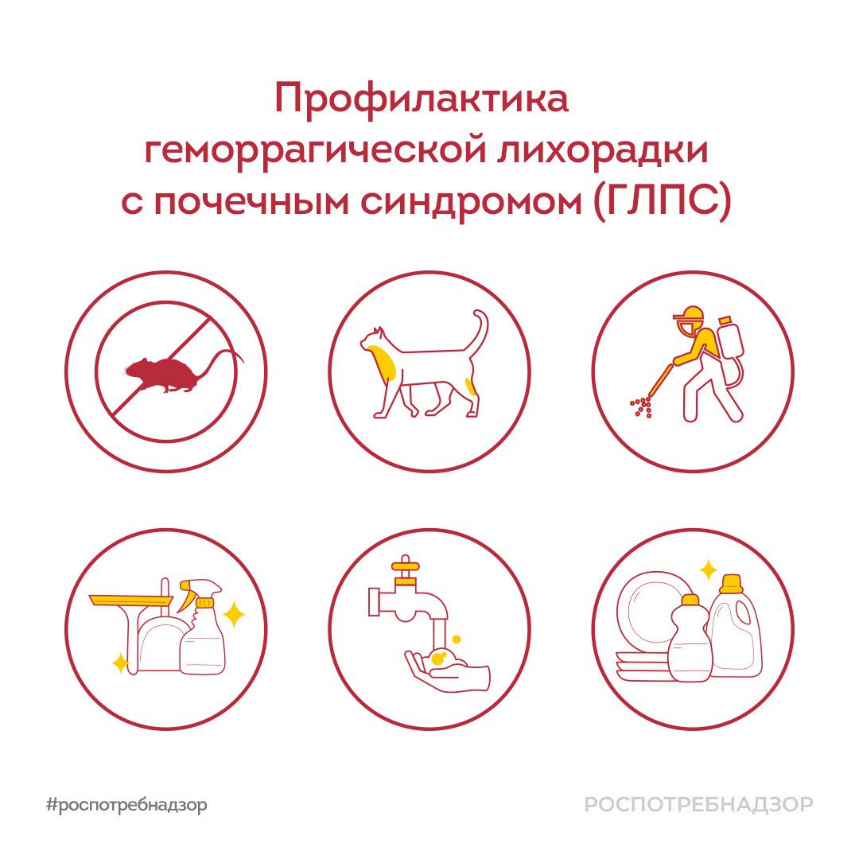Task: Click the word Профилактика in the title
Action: [422, 99]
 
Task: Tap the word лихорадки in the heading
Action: [603, 150]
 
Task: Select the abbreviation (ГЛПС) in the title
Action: [662, 202]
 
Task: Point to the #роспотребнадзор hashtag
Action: [126, 805]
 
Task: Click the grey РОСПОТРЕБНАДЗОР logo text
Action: [699, 805]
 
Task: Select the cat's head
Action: [372, 339]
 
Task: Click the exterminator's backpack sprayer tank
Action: [729, 350]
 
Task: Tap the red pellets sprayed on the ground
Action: [641, 407]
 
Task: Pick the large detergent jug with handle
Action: [733, 630]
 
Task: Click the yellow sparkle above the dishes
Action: [708, 569]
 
